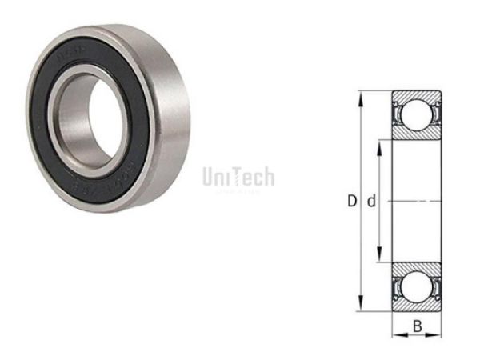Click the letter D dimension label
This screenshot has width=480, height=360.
[351, 202]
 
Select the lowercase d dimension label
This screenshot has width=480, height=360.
[370, 202]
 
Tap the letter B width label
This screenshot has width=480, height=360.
[417, 326]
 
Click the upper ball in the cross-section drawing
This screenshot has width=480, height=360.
[416, 114]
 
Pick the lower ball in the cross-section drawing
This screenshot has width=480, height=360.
[416, 287]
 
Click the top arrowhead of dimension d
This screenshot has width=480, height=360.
[381, 145]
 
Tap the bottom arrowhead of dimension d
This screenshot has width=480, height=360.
[381, 258]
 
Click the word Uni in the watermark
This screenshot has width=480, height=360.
[215, 176]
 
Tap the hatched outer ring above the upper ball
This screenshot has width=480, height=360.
[416, 97]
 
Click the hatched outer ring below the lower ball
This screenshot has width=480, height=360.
[416, 305]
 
